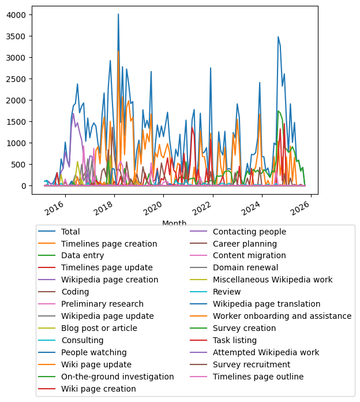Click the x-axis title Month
[174, 224]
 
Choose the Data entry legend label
[82, 255]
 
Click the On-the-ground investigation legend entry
[118, 377]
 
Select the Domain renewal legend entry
[244, 267]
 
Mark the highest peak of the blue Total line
[118, 14]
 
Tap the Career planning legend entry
[245, 244]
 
